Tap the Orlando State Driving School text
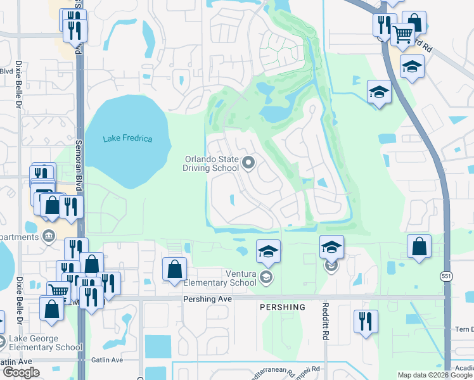211,164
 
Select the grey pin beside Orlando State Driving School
248,164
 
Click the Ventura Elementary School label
227,277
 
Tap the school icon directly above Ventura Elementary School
267,251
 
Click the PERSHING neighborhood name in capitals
282,307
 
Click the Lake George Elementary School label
45,343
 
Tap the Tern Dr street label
463,329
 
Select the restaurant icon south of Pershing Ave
366,320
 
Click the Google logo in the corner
20,372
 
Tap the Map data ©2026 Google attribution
435,375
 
